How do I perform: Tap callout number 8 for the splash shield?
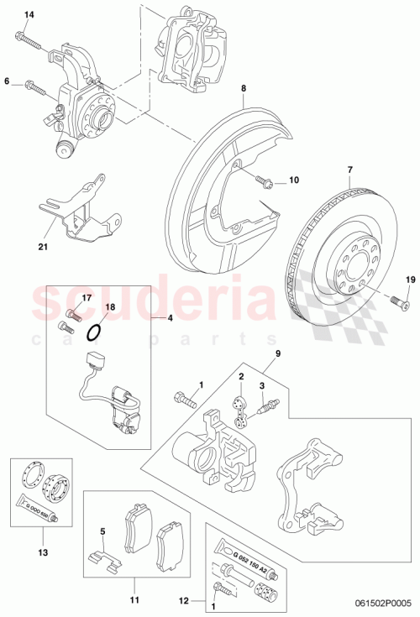tap(243, 88)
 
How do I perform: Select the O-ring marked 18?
tap(96, 333)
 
